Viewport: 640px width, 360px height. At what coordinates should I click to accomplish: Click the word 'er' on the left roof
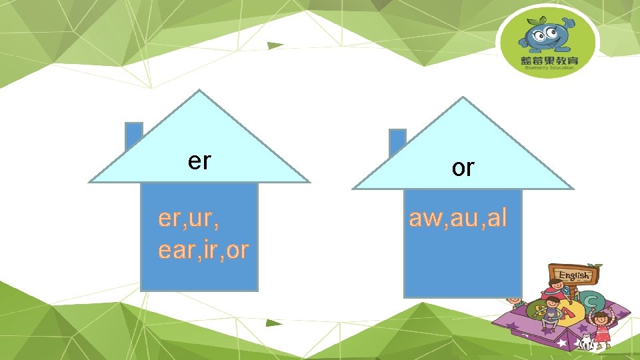(x=199, y=161)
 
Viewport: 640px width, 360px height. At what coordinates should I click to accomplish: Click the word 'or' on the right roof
(x=463, y=168)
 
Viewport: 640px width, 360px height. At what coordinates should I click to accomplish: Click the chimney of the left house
(x=134, y=137)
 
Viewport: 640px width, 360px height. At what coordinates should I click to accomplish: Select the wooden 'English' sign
(x=573, y=274)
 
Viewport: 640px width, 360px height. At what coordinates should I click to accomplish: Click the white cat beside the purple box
(x=586, y=343)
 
